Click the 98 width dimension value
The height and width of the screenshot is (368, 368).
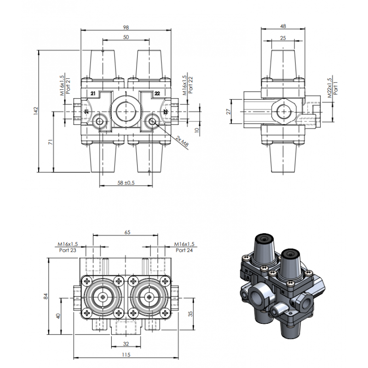tap(126, 27)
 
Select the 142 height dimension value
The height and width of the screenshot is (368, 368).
tap(35, 110)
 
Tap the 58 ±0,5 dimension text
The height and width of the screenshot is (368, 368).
tap(126, 183)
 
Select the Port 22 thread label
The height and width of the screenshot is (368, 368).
tap(187, 85)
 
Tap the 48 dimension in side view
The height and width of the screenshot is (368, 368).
tap(283, 27)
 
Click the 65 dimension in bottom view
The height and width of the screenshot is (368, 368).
tap(126, 233)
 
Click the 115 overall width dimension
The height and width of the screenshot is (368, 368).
tap(126, 354)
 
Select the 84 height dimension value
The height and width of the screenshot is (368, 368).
tap(45, 297)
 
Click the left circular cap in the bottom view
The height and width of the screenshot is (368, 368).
tap(101, 297)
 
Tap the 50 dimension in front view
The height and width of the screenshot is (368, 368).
tap(126, 37)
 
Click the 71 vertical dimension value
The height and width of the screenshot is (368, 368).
tap(51, 143)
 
